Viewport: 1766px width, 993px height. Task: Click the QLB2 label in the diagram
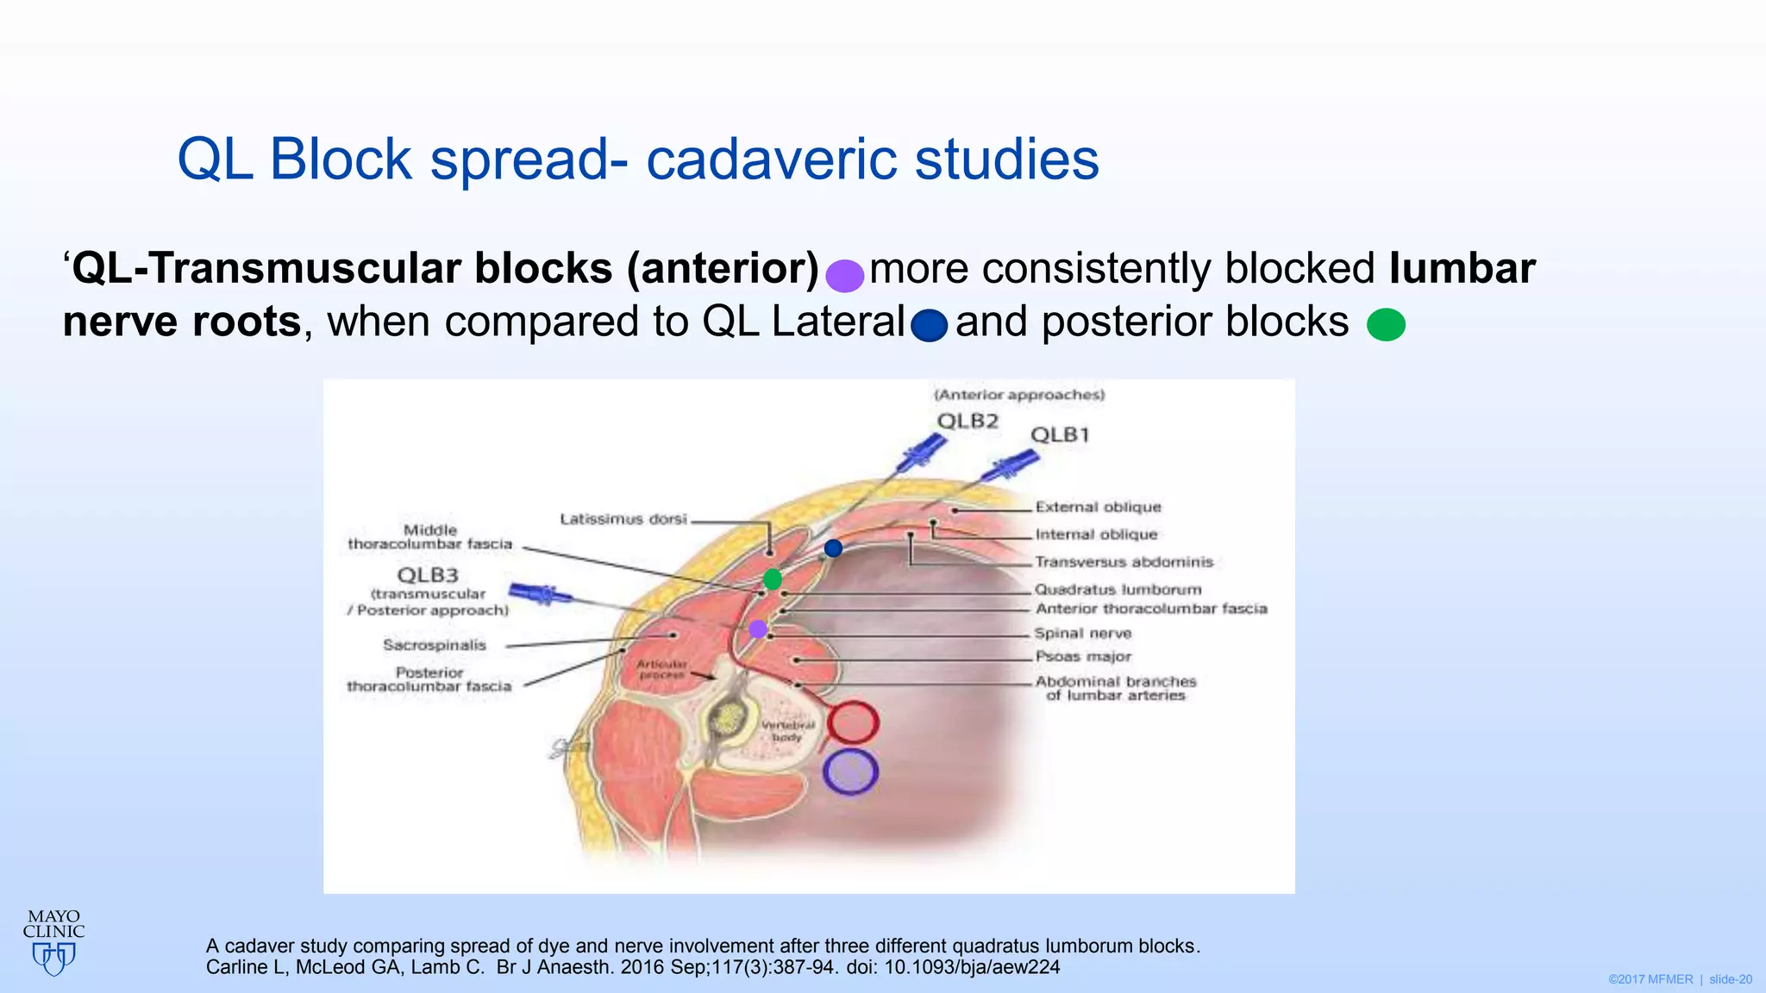[x=968, y=422]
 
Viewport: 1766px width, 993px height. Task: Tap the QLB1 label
[x=1060, y=434]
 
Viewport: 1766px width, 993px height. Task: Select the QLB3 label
[x=428, y=575]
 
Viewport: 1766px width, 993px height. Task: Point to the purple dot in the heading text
[x=844, y=275]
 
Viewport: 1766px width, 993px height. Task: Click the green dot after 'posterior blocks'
[x=1386, y=325]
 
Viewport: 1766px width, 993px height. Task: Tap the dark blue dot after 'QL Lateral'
[x=929, y=326]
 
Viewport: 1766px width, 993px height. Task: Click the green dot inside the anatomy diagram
[x=773, y=578]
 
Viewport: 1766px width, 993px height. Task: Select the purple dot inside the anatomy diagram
[x=758, y=629]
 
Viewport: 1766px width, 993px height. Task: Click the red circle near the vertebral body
[x=852, y=722]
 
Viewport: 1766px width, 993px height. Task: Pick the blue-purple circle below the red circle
[x=850, y=771]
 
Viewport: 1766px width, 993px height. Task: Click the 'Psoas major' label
[x=1083, y=657]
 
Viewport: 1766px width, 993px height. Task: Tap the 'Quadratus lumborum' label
[x=1118, y=590]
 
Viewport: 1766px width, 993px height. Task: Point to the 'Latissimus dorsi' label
[x=623, y=519]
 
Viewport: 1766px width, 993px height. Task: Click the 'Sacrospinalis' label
[x=435, y=645]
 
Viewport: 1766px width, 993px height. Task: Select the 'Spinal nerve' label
[x=1082, y=634]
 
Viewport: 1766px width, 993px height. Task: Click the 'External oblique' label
[x=1098, y=507]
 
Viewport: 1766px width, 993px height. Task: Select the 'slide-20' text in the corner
[x=1730, y=980]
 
